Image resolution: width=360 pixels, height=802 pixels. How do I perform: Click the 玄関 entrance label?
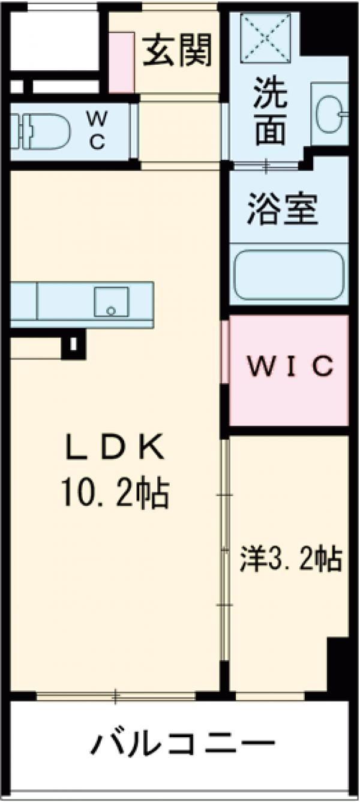(177, 52)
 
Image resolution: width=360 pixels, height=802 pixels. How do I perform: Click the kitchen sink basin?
(111, 302)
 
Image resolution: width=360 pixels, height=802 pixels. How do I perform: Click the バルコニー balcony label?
(182, 744)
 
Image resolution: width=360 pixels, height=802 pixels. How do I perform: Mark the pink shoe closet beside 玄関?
(122, 62)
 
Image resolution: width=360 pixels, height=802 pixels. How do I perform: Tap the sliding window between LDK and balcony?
(117, 696)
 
